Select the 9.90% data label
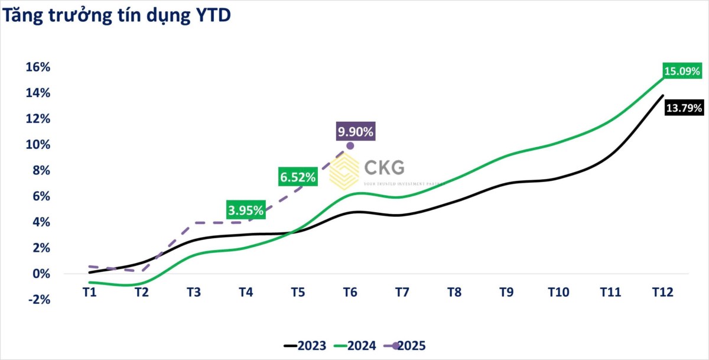(356, 132)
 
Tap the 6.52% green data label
(298, 176)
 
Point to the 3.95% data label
(245, 210)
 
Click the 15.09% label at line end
(683, 72)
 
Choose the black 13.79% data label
(684, 108)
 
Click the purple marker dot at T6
(350, 145)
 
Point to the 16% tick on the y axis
(38, 67)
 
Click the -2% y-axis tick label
(38, 300)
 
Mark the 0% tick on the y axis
(42, 274)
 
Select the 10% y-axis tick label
(38, 145)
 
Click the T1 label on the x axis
(89, 292)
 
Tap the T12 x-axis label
(662, 292)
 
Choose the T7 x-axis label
(402, 292)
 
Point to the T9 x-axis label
(506, 292)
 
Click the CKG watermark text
(384, 168)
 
